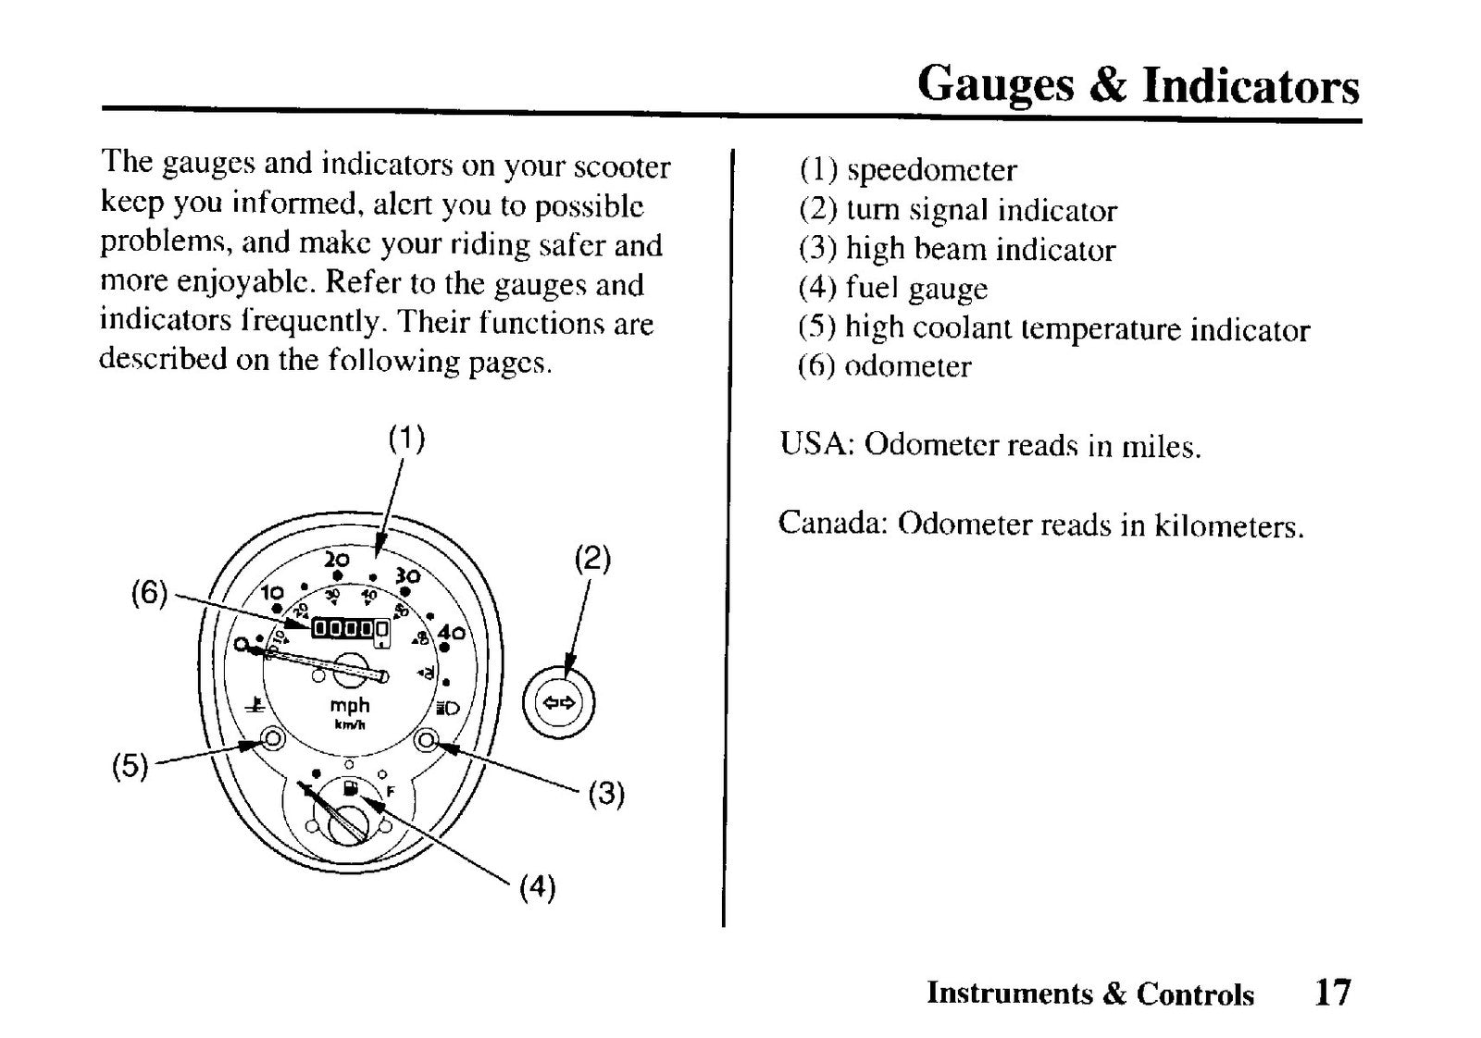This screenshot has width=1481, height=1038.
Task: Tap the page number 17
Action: (1332, 992)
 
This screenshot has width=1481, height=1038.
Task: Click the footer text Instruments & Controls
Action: (1090, 993)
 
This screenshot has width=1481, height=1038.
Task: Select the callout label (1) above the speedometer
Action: (406, 439)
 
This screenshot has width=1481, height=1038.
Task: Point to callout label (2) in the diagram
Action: (591, 560)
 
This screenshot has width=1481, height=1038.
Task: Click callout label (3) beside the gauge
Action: (606, 794)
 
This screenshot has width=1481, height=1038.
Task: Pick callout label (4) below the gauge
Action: (537, 886)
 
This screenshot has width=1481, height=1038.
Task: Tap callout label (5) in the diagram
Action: (130, 766)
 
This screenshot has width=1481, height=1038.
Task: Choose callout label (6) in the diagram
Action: (149, 593)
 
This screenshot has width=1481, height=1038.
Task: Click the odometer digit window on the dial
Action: (350, 627)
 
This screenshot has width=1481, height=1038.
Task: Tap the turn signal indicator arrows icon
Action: (559, 702)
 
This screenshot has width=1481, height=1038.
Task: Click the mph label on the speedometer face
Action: (350, 707)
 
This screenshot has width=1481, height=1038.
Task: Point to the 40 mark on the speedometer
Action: (452, 633)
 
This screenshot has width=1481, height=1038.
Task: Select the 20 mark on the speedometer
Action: (337, 561)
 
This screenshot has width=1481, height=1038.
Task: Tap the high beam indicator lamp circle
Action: (426, 739)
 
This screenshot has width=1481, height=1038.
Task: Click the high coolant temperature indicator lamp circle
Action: (273, 738)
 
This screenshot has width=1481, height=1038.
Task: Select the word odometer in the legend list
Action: (908, 366)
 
